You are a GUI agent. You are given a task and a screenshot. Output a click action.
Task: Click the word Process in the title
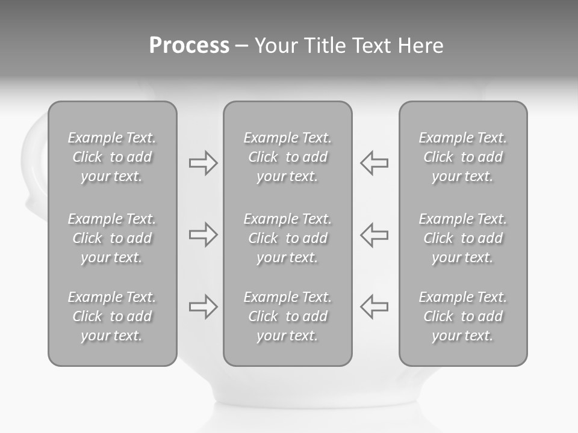click(x=189, y=46)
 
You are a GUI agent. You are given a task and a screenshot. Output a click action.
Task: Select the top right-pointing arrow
click(x=203, y=163)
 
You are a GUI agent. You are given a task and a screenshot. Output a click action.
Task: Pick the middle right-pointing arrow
click(x=203, y=235)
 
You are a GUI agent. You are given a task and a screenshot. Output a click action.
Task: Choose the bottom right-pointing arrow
click(x=203, y=306)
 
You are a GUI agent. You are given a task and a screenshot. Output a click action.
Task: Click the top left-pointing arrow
click(x=374, y=163)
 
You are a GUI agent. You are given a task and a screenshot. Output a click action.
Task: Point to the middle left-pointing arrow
click(x=374, y=235)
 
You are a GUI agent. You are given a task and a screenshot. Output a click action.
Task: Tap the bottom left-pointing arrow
click(x=374, y=306)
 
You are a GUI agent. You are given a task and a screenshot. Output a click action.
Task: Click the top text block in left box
click(x=112, y=157)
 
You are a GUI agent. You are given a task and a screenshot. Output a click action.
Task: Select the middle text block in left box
click(x=112, y=238)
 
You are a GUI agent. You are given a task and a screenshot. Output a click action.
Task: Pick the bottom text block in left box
click(x=112, y=316)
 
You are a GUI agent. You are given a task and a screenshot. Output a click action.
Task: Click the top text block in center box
click(x=288, y=157)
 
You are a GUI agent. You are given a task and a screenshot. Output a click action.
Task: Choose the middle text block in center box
click(x=288, y=238)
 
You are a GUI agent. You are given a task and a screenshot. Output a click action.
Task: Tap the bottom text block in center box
click(x=288, y=316)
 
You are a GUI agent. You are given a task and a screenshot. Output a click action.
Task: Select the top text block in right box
click(x=463, y=157)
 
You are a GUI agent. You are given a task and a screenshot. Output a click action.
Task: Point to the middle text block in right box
click(x=463, y=238)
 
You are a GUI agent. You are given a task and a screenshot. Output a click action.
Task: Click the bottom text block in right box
click(x=463, y=316)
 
